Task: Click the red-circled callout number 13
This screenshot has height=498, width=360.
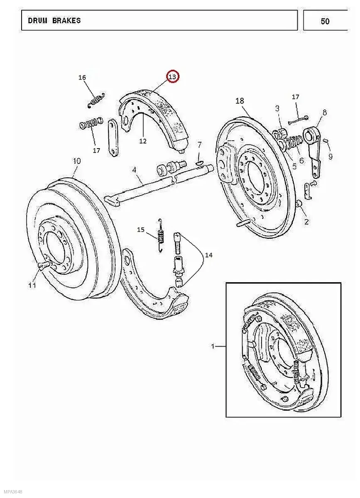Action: [x=172, y=77]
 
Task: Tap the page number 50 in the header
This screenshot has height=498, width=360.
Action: [x=325, y=21]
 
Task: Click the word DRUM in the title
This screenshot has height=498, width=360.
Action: [x=38, y=21]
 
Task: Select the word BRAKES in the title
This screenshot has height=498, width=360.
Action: [x=66, y=21]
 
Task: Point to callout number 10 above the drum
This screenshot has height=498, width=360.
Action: [x=77, y=161]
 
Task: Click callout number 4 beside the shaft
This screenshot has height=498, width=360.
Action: [x=134, y=170]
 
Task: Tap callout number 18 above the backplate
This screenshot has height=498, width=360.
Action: [x=240, y=101]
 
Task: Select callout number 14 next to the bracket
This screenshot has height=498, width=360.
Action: [x=208, y=255]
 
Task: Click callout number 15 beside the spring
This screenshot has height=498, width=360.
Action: [x=141, y=229]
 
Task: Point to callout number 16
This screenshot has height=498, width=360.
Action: [x=82, y=77]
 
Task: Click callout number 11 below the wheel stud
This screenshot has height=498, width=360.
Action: [x=32, y=286]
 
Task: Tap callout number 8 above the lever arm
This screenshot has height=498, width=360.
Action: [x=324, y=112]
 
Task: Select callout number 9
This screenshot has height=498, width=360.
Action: [x=331, y=157]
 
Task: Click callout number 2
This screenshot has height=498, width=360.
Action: [x=306, y=222]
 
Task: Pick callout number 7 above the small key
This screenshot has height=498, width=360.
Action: [x=199, y=145]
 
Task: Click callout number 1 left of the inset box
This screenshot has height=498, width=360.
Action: [x=213, y=347]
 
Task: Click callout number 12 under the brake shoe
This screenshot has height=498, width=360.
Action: [x=143, y=141]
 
